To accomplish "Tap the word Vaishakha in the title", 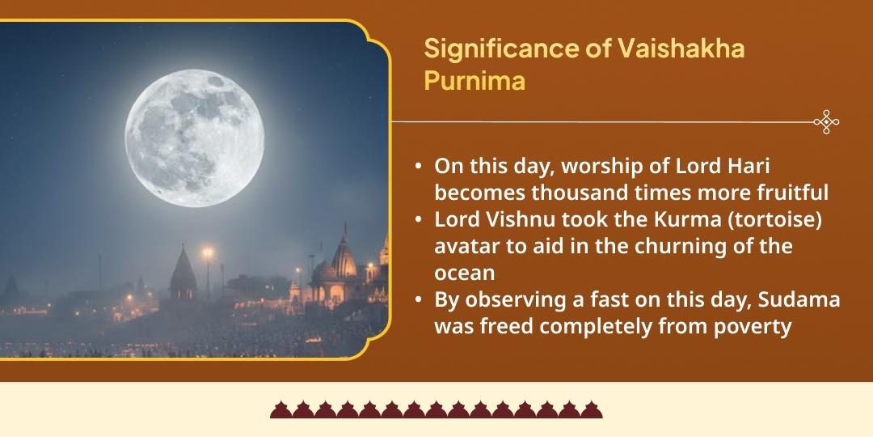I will (x=681, y=49).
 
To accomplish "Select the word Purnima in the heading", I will (x=474, y=82).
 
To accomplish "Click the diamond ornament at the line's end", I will (x=826, y=122).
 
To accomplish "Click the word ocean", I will (x=465, y=273).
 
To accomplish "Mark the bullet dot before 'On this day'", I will (x=417, y=167).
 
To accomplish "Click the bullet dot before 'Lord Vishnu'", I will (x=417, y=220).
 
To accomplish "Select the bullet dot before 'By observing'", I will (x=417, y=299).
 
